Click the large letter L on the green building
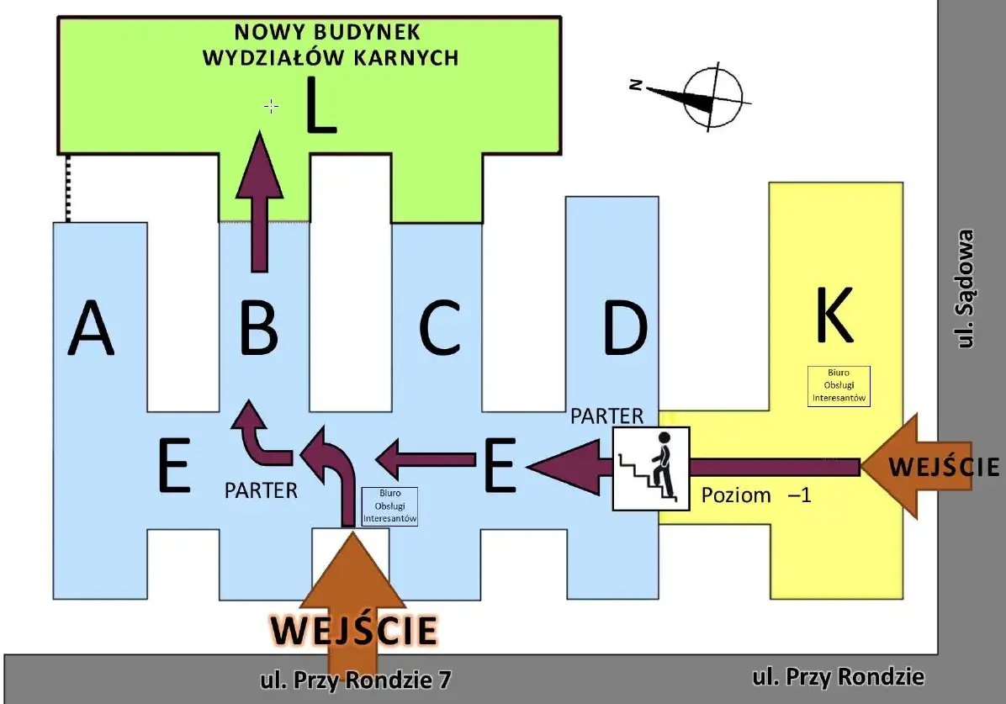[320, 105]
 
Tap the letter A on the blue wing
[91, 328]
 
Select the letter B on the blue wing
[258, 328]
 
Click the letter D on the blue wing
[626, 328]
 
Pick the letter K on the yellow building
[835, 315]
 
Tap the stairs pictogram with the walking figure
[651, 468]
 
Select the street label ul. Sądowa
[965, 288]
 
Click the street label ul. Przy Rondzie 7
[356, 680]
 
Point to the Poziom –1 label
[756, 495]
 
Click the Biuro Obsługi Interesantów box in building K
[839, 386]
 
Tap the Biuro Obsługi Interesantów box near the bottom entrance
[389, 506]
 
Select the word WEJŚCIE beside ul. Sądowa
[944, 467]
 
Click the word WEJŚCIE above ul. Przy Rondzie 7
[354, 629]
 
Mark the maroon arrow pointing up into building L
[259, 202]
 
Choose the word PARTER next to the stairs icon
[607, 416]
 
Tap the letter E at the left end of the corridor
[174, 465]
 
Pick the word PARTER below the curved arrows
[261, 491]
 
